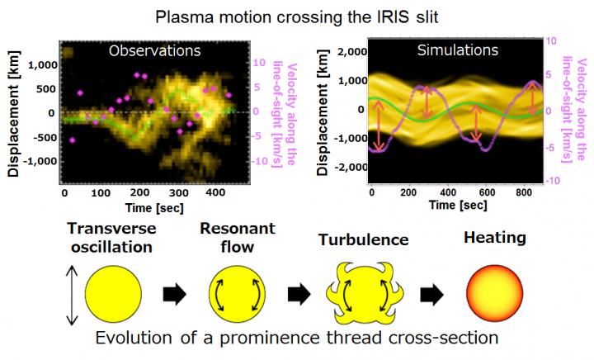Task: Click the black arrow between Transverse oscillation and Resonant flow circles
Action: (172, 296)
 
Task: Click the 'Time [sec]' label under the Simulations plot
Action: (438, 203)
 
